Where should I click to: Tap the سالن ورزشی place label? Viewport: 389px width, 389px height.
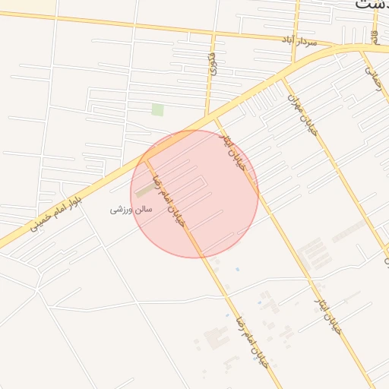(131, 208)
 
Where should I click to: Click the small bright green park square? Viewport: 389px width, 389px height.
(157, 109)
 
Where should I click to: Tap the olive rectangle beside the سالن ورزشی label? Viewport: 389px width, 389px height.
(144, 191)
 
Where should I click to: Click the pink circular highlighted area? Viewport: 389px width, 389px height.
(195, 194)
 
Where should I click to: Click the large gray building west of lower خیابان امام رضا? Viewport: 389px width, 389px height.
(216, 335)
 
